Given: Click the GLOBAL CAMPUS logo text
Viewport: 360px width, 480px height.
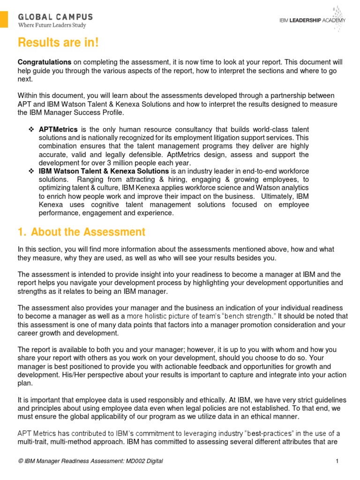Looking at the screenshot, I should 55,17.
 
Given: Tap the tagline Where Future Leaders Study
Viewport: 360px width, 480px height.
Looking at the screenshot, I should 52,25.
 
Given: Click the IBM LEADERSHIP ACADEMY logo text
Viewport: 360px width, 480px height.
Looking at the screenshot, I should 313,20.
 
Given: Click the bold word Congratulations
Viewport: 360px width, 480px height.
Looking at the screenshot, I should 45,62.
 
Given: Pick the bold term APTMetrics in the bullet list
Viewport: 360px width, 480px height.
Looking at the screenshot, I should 59,129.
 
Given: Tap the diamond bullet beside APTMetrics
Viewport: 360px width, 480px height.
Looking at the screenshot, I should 31,129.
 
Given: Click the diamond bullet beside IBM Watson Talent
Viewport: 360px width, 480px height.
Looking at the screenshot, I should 31,171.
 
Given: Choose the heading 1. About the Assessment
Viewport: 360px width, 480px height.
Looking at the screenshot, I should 82,232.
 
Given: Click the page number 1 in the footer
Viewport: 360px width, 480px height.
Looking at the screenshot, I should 337,461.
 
